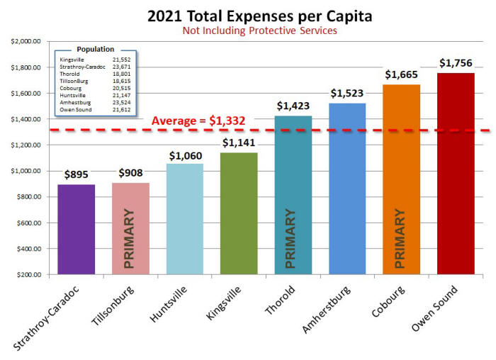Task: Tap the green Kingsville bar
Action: click(x=239, y=213)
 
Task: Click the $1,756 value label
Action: click(x=456, y=63)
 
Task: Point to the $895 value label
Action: click(x=77, y=175)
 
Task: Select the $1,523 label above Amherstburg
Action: click(x=347, y=94)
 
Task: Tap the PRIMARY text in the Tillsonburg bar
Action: click(x=129, y=238)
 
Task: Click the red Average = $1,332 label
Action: click(x=198, y=121)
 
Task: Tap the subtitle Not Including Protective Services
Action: click(x=248, y=32)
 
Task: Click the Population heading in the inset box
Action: click(x=95, y=49)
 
